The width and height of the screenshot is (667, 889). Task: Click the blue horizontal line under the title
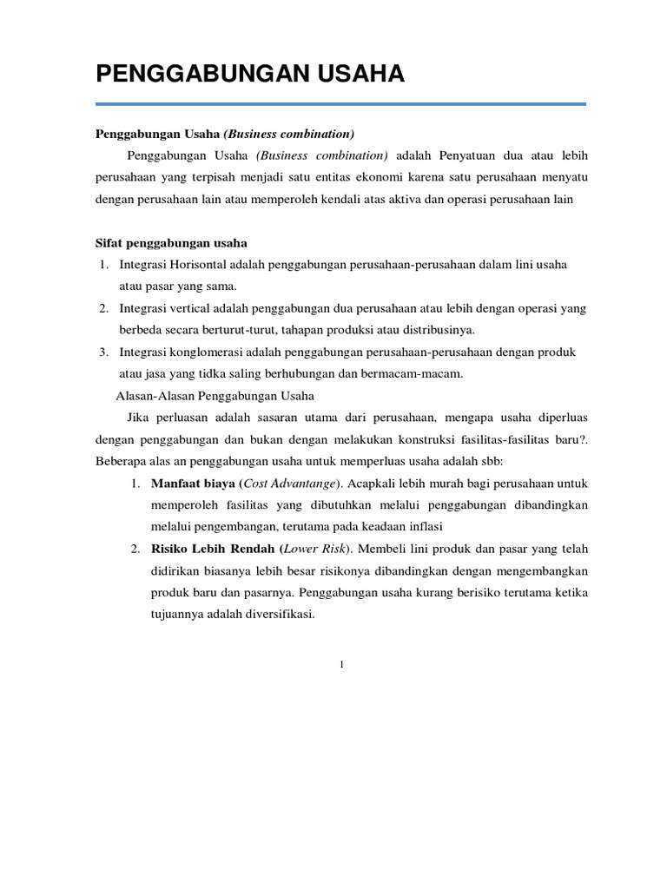click(x=340, y=104)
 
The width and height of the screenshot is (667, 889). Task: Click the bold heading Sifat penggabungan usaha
click(x=171, y=243)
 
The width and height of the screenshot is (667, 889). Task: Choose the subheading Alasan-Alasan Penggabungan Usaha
click(x=215, y=396)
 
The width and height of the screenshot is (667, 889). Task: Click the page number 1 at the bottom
click(x=341, y=665)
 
